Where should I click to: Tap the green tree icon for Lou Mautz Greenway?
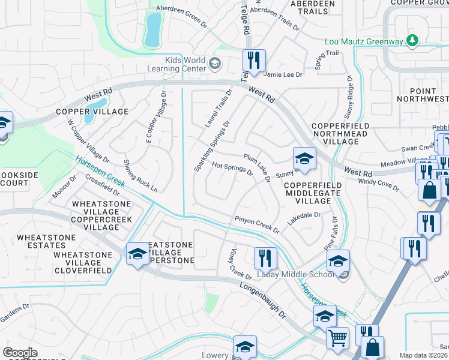tap(412, 41)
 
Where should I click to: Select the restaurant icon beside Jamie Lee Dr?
tap(254, 61)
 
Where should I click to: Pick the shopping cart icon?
tap(337, 338)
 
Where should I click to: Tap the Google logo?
tap(20, 353)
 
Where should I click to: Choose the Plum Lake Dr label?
tap(258, 169)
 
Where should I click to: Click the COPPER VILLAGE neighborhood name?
tap(92, 112)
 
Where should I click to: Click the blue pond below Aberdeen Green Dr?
tap(153, 29)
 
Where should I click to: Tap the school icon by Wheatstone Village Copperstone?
tap(137, 253)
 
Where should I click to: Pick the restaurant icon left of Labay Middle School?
tap(265, 258)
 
